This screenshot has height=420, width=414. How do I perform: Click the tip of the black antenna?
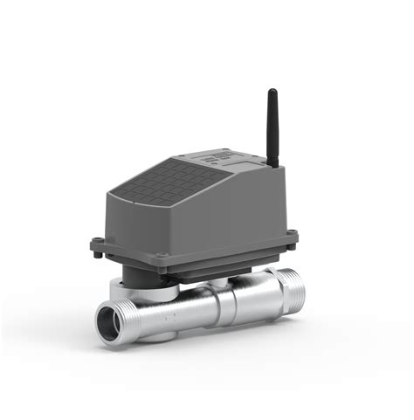pyautogui.click(x=272, y=92)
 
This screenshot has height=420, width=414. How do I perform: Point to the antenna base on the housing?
pyautogui.click(x=273, y=162)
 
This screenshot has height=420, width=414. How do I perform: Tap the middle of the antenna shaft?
pyautogui.click(x=273, y=127)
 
